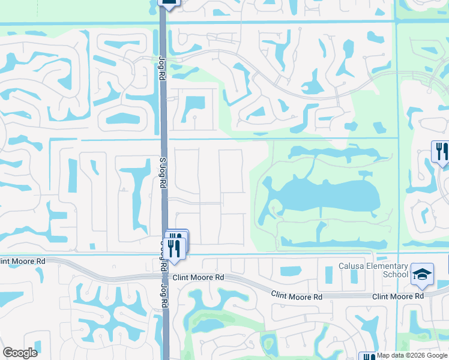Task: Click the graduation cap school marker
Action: pyautogui.click(x=422, y=274)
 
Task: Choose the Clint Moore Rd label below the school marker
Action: pyautogui.click(x=398, y=296)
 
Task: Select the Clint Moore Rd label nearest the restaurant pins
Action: pyautogui.click(x=197, y=278)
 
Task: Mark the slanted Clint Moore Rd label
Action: pyautogui.click(x=297, y=295)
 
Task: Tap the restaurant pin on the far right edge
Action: pyautogui.click(x=441, y=152)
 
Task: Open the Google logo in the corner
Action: pyautogui.click(x=20, y=352)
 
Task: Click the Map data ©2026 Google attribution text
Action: pyautogui.click(x=412, y=355)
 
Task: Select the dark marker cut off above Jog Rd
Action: pyautogui.click(x=169, y=4)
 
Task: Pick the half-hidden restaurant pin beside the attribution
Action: pyautogui.click(x=367, y=356)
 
